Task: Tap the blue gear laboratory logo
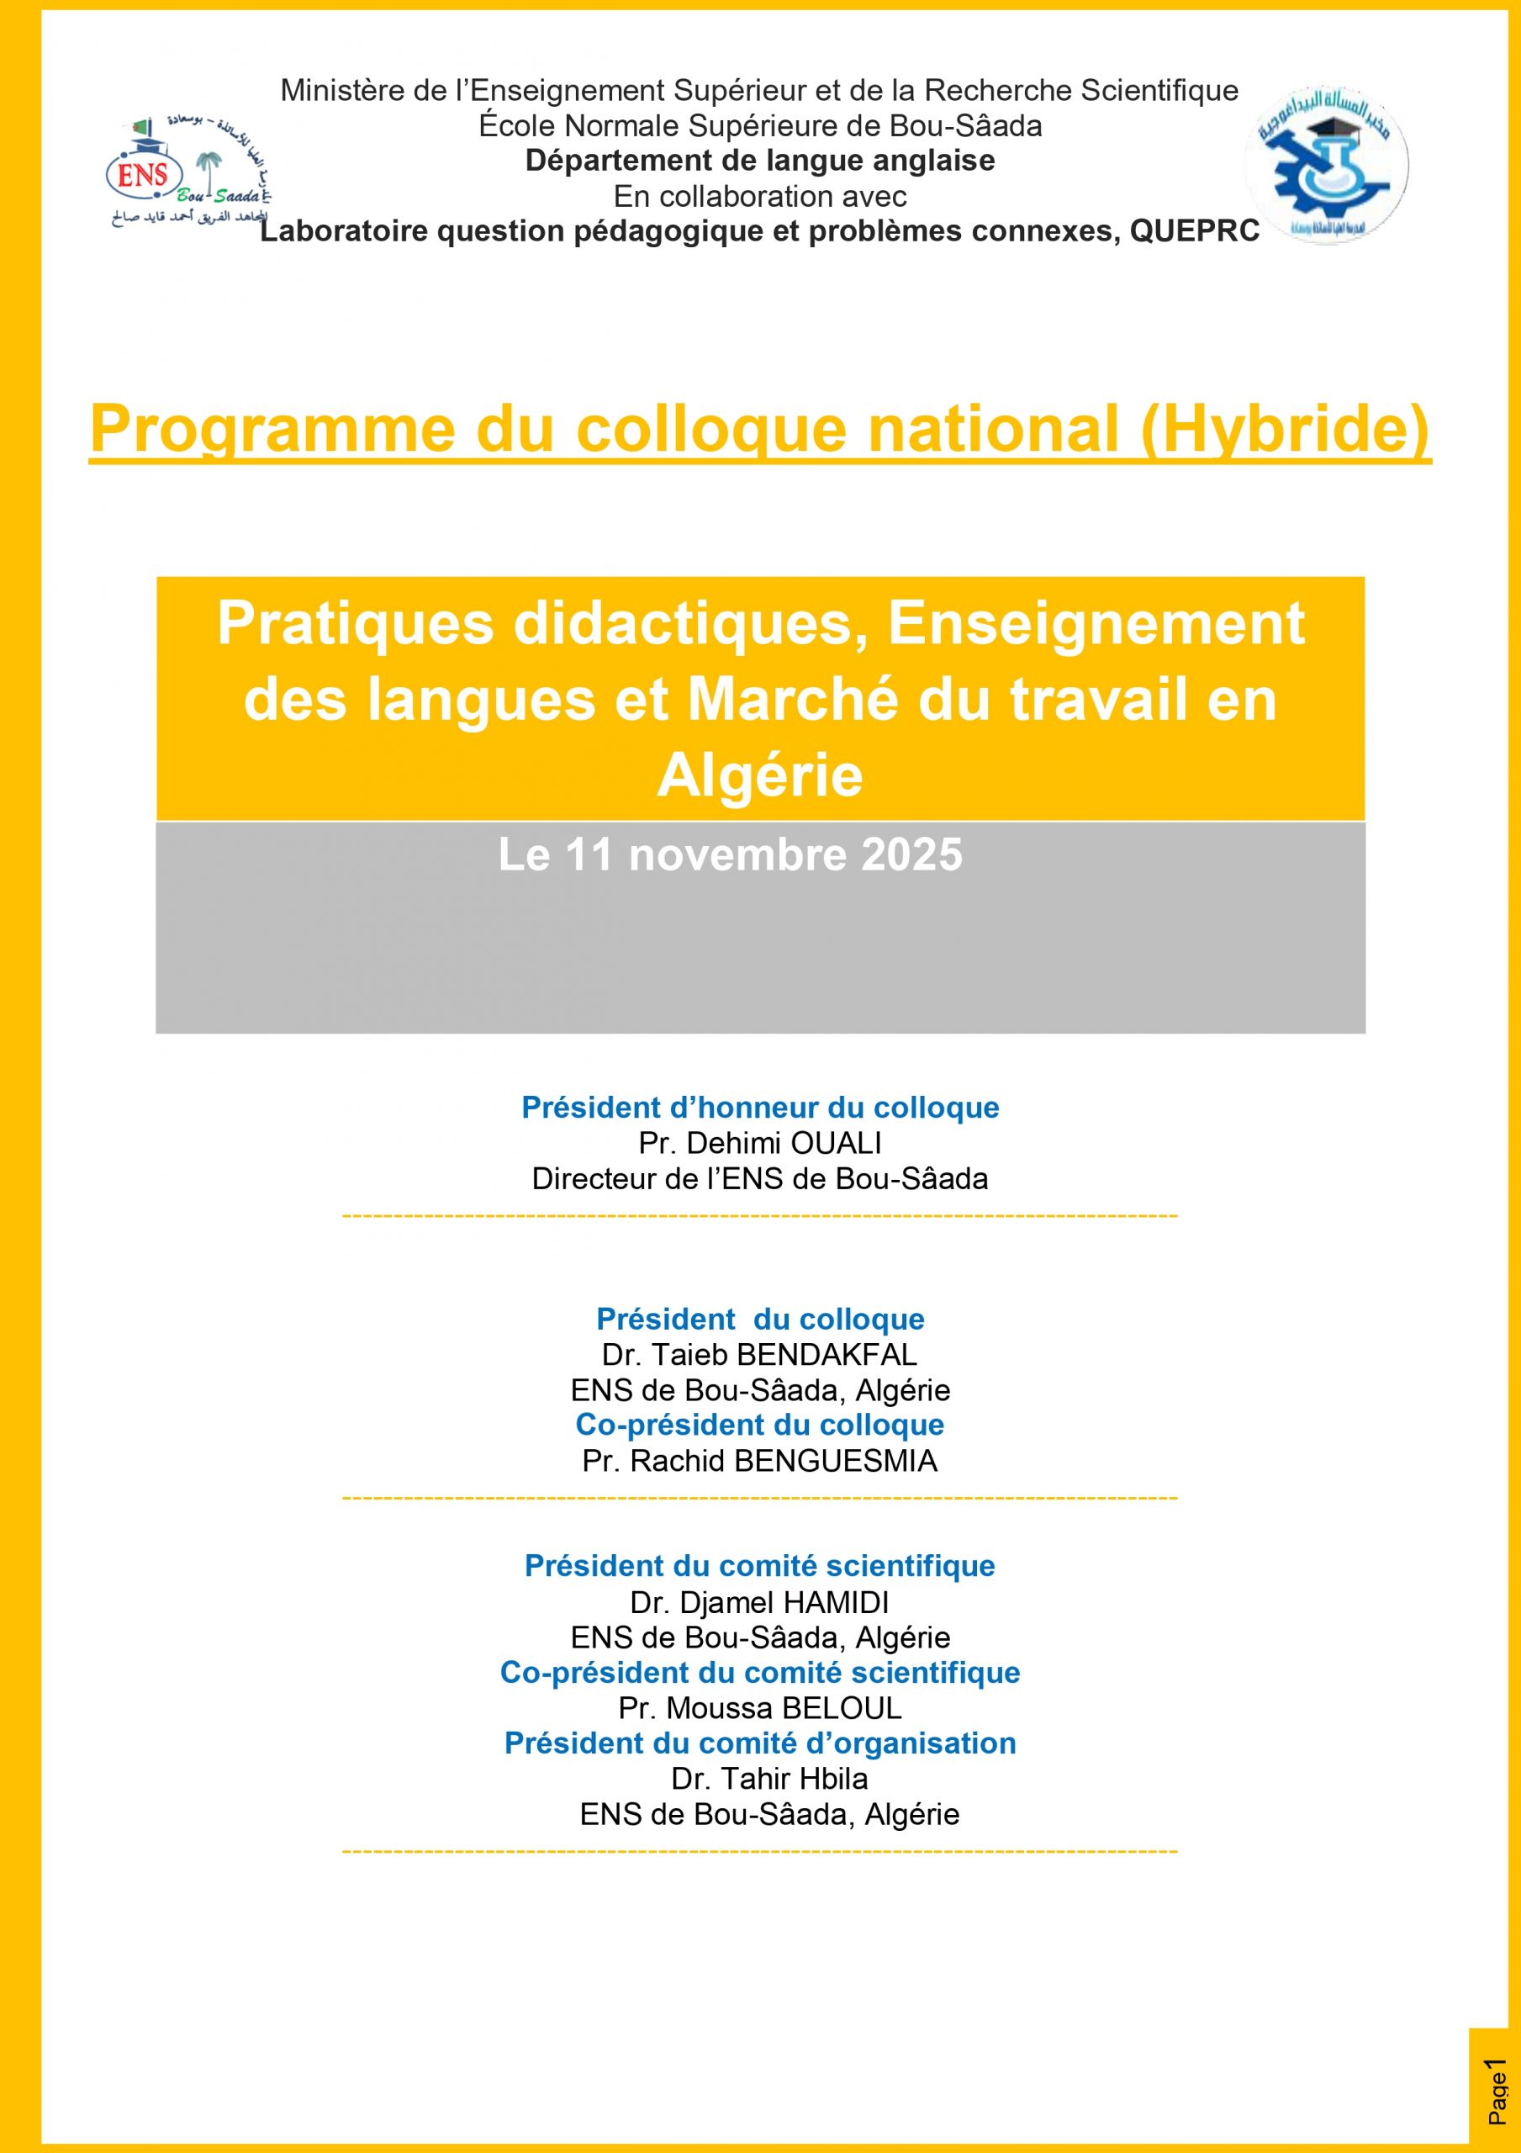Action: pyautogui.click(x=1328, y=163)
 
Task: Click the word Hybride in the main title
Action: pyautogui.click(x=1285, y=430)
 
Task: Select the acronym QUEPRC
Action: pyautogui.click(x=1194, y=230)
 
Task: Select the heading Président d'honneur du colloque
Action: pyautogui.click(x=759, y=1108)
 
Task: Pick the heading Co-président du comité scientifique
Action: pyautogui.click(x=759, y=1673)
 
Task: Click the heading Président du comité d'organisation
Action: pyautogui.click(x=759, y=1743)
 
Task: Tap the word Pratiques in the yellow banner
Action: pyautogui.click(x=356, y=623)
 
